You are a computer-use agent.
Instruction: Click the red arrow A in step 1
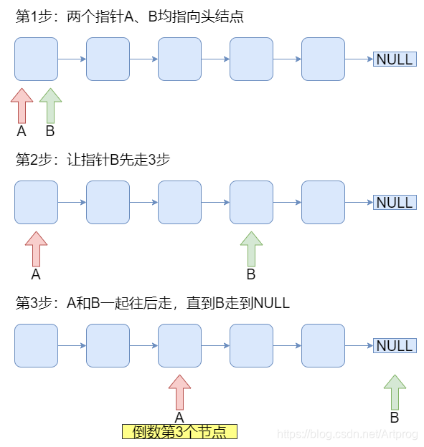(x=22, y=106)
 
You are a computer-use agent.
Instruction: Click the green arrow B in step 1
(x=50, y=106)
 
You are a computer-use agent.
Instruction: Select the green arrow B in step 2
(x=251, y=249)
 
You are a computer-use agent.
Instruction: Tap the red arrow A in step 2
(x=36, y=249)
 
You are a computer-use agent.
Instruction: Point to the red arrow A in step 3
(x=179, y=393)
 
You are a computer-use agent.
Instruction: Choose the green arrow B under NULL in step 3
(x=395, y=393)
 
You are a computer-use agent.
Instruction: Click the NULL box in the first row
(x=395, y=59)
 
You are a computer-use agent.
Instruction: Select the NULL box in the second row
(x=395, y=203)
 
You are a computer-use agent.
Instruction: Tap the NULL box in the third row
(x=395, y=346)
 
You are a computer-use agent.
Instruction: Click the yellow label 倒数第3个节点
(x=179, y=431)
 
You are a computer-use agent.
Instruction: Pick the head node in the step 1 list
(x=36, y=59)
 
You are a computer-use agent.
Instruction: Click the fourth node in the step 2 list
(x=251, y=203)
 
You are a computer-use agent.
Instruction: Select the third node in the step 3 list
(x=179, y=346)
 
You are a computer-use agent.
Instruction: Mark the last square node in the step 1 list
(x=323, y=59)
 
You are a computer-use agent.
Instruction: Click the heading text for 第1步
(x=130, y=16)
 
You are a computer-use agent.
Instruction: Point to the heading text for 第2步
(x=93, y=160)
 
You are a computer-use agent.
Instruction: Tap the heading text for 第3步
(x=153, y=303)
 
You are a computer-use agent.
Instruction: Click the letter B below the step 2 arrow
(x=251, y=274)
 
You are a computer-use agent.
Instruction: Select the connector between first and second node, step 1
(x=72, y=59)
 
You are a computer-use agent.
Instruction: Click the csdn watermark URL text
(x=348, y=434)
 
